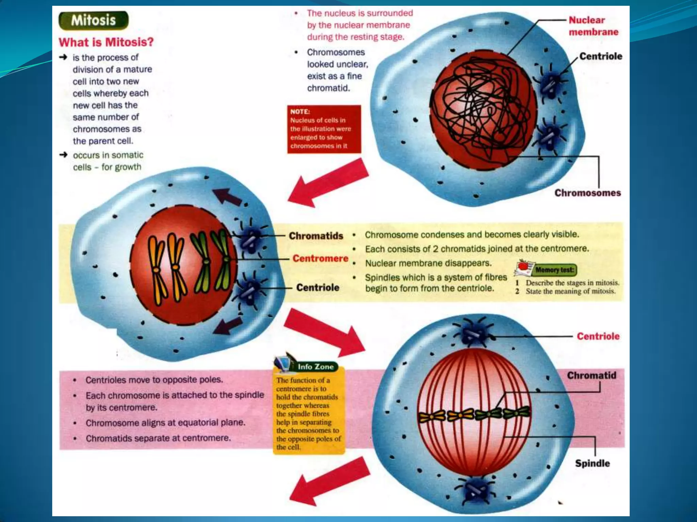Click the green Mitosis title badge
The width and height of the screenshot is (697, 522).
(94, 20)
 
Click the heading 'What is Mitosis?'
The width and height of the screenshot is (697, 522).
(106, 42)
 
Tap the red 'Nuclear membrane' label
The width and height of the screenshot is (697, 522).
(593, 26)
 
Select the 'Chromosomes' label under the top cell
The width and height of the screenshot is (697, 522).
(587, 193)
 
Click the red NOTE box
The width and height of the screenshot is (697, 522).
(324, 129)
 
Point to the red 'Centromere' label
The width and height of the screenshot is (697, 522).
(320, 259)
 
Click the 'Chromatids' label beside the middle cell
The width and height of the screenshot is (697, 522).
(316, 236)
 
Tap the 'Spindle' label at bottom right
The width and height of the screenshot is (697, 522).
(592, 463)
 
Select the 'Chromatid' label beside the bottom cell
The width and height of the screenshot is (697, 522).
(591, 376)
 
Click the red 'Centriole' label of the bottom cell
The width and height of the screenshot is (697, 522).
(598, 336)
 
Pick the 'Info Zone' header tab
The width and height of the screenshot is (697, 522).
(315, 367)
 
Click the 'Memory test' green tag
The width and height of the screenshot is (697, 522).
(554, 270)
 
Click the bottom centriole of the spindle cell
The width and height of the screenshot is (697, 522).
(475, 490)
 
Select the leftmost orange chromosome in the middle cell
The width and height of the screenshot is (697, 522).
(156, 268)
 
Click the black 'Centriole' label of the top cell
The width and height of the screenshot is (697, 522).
(601, 56)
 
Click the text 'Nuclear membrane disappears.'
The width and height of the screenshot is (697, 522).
(428, 263)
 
